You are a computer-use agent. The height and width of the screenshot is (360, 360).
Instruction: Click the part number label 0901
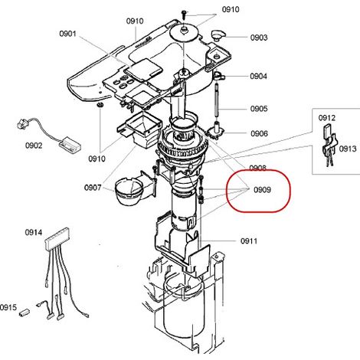[67, 34]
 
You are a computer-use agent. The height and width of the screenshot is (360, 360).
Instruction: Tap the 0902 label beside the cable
[34, 146]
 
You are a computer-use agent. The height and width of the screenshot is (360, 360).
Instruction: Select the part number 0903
[259, 38]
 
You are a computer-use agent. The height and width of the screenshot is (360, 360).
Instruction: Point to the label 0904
[258, 76]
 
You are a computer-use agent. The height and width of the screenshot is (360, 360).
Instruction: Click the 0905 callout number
[259, 109]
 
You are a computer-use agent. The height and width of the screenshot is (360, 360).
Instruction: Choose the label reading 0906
[259, 133]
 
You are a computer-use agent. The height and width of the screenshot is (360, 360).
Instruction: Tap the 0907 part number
[93, 188]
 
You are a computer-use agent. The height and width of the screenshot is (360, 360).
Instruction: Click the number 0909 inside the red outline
[262, 190]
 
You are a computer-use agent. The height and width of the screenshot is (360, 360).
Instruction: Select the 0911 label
[249, 241]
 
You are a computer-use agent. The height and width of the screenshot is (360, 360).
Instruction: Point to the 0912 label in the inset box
[327, 118]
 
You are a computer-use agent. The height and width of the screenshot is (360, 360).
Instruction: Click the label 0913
[348, 149]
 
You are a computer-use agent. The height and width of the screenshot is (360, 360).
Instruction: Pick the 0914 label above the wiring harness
[34, 232]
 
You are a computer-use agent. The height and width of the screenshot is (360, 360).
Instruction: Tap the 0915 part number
[8, 307]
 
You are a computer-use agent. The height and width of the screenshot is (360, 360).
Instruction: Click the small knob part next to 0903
[218, 35]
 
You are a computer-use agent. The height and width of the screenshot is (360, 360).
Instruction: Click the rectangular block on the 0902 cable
[70, 146]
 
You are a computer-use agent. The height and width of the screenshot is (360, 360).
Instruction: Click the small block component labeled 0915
[25, 313]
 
